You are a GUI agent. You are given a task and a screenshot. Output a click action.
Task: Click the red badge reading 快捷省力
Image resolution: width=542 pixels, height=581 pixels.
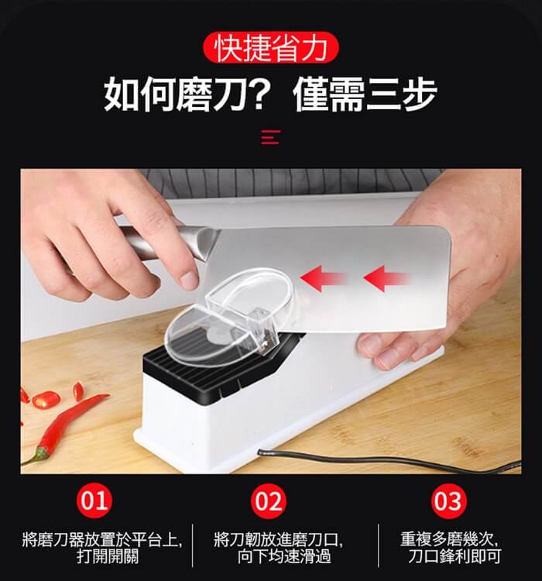[x=271, y=47]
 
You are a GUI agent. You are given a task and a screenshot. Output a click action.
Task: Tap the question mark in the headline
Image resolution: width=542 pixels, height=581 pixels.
[x=269, y=93]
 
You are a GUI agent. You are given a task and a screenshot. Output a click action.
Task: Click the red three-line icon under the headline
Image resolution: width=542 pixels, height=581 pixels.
[x=270, y=136]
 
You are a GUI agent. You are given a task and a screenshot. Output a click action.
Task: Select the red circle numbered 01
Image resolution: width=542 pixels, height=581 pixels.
[x=94, y=500]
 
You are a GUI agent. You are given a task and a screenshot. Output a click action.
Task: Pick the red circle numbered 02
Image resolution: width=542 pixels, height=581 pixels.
[x=269, y=501]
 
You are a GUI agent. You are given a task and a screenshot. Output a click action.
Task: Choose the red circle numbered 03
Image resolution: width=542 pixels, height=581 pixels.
[x=448, y=501]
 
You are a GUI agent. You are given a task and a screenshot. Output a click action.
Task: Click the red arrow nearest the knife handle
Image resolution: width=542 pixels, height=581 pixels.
[x=324, y=278]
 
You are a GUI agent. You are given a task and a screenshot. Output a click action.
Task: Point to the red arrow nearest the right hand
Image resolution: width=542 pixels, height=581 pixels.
[x=387, y=278]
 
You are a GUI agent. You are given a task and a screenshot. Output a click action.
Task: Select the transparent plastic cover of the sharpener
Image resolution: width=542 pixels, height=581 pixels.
[x=230, y=318]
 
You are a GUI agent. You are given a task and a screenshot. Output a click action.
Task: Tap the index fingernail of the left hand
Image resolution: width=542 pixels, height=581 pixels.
[x=189, y=280]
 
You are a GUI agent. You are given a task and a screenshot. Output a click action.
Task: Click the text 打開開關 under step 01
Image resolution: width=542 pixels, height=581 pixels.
[x=108, y=556]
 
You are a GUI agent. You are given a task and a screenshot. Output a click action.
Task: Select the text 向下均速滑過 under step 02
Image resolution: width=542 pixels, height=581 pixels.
[x=284, y=556]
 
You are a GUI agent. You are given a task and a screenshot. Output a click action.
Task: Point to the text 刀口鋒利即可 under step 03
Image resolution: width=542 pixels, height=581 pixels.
[x=455, y=556]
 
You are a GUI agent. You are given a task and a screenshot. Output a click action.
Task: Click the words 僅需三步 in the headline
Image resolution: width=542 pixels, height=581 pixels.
[x=365, y=94]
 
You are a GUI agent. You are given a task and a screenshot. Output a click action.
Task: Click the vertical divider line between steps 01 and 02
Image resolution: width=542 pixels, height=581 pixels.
[x=193, y=545]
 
